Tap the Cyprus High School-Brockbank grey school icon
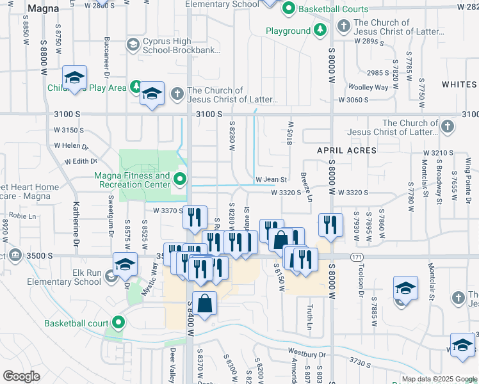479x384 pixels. click(x=133, y=45)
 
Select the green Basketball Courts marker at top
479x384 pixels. click(x=288, y=9)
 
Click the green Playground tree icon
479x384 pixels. click(x=320, y=31)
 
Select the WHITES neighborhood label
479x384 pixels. click(x=459, y=84)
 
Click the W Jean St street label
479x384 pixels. click(x=271, y=180)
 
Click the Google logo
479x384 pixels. click(x=21, y=376)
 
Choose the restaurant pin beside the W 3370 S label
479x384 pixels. click(x=195, y=218)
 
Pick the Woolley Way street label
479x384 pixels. click(x=368, y=87)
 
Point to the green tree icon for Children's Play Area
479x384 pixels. click(x=135, y=87)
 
